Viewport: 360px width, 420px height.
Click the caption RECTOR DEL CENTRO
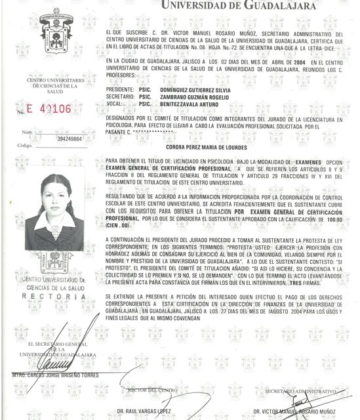[152, 390]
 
